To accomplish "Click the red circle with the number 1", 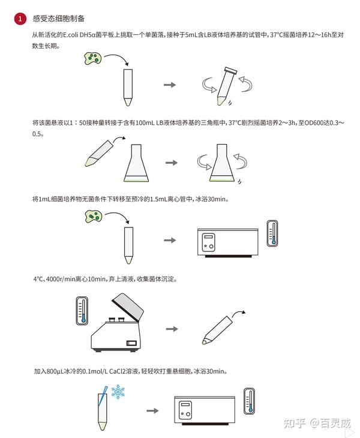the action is click(20, 19).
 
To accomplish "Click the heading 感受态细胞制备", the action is click(58, 19).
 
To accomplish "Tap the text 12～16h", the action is click(320, 35).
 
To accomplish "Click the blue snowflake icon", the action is click(118, 392).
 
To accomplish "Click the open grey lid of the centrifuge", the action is click(128, 307).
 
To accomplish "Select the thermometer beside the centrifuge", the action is click(82, 311).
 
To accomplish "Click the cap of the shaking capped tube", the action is click(230, 71).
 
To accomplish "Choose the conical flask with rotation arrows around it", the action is click(222, 163).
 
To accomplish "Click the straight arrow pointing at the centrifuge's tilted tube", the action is click(172, 329).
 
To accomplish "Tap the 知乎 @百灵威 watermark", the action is click(317, 424).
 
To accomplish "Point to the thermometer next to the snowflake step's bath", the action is click(249, 401).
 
